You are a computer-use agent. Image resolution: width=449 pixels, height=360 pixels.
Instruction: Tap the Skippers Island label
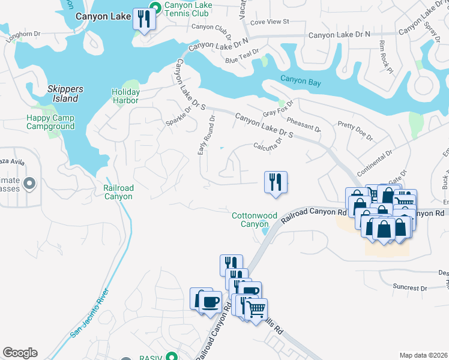tap(65, 94)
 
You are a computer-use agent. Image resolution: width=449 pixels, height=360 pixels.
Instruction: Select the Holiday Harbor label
tap(125, 96)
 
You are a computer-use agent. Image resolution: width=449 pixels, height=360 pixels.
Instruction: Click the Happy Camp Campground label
tap(50, 122)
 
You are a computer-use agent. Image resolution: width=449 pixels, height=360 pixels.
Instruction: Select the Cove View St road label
tap(270, 22)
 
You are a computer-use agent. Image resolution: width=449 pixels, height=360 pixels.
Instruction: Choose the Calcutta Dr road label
tap(268, 146)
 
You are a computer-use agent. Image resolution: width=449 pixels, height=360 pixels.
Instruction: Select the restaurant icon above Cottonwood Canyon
tap(276, 181)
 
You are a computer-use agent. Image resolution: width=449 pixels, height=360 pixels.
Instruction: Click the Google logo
tap(20, 353)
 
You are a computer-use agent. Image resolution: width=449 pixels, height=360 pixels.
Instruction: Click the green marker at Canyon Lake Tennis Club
tap(155, 8)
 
